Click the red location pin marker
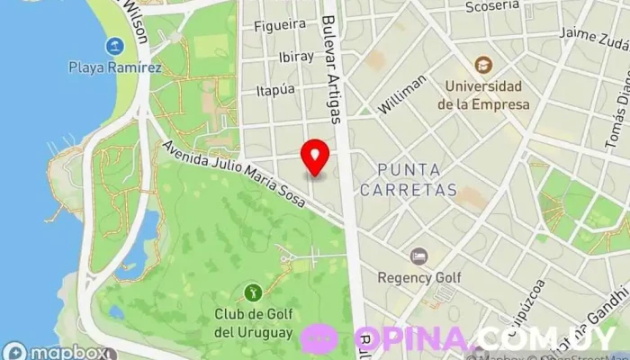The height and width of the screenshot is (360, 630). click(x=315, y=157)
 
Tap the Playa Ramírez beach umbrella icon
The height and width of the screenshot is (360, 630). click(x=114, y=46)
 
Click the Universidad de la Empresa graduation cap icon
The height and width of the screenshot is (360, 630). click(x=483, y=66)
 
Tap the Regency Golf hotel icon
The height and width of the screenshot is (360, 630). click(x=418, y=256)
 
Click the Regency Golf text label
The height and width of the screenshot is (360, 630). click(x=419, y=277)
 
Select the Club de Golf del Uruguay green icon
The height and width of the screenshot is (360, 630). click(x=253, y=292)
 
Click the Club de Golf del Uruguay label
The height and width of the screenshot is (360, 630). click(x=254, y=323)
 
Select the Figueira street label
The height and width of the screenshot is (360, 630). click(x=281, y=26)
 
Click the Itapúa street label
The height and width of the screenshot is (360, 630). click(x=275, y=89)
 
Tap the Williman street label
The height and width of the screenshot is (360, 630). click(x=402, y=94)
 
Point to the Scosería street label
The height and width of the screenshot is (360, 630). click(x=491, y=7)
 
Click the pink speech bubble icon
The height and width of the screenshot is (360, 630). click(x=319, y=338)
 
